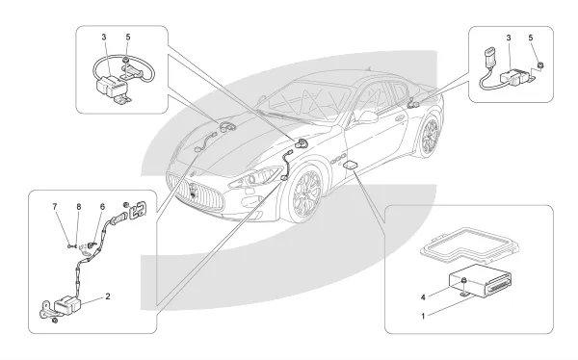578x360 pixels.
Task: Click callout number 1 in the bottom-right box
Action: [423, 316]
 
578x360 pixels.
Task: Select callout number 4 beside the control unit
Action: [423, 297]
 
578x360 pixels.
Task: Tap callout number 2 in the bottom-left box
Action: [108, 296]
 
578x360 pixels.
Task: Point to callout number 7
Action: [55, 207]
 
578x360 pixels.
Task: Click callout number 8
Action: [79, 207]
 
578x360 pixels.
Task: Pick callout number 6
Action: [102, 207]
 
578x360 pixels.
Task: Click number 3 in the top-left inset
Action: [104, 38]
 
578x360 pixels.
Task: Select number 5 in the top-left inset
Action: [128, 38]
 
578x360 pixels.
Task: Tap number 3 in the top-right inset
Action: [509, 38]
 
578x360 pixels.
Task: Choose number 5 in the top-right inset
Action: [531, 38]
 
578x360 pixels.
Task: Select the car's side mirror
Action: [366, 117]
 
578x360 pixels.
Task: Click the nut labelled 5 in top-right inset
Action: [540, 65]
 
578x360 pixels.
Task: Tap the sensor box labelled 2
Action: [67, 305]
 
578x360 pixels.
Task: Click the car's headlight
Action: [254, 177]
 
